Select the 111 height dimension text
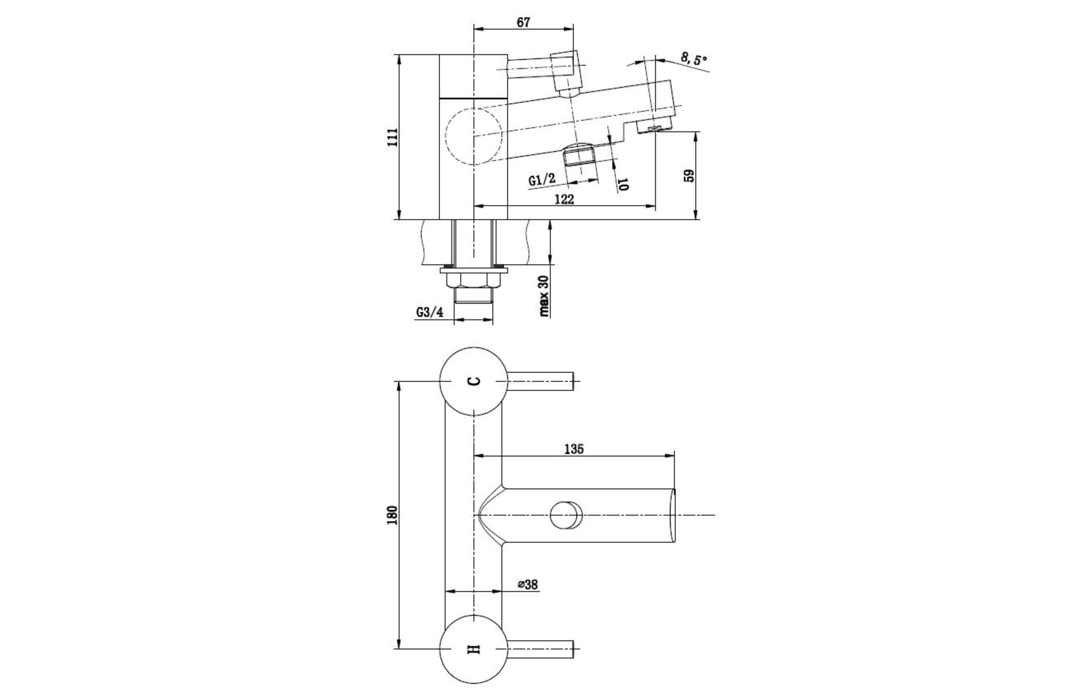click(392, 137)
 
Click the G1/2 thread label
click(542, 180)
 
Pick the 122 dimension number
click(564, 199)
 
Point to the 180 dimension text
click(392, 515)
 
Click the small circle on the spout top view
click(566, 515)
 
